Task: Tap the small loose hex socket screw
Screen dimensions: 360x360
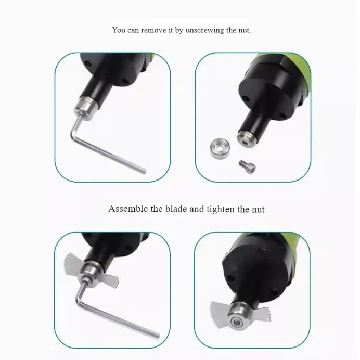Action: (x=247, y=166)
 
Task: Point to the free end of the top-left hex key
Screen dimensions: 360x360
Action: (x=144, y=171)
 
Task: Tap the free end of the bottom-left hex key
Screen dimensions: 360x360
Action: (x=157, y=335)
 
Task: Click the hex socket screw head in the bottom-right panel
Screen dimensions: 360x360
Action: (x=237, y=322)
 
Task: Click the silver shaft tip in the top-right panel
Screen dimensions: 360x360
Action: (x=247, y=139)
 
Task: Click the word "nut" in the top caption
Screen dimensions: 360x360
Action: (x=244, y=30)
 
